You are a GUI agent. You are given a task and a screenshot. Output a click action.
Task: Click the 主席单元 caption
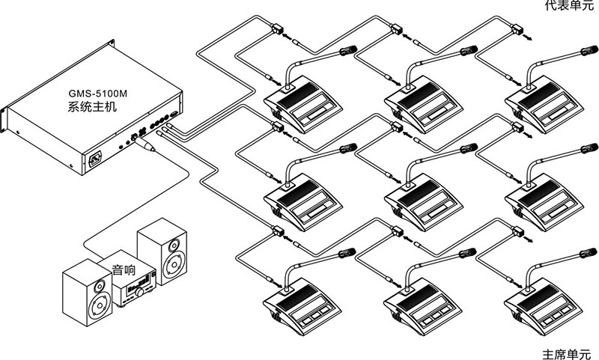[x=566, y=351]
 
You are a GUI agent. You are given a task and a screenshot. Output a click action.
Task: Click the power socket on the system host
[x=96, y=159]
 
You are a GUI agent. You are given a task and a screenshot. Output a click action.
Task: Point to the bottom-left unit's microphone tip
[x=348, y=253]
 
